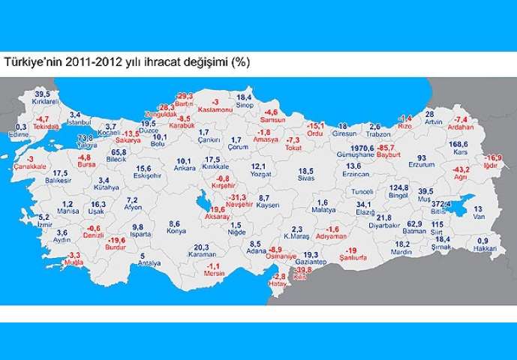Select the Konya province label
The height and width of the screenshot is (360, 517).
176,232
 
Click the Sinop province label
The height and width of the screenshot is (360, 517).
245,106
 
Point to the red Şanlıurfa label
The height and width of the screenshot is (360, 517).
351,259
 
